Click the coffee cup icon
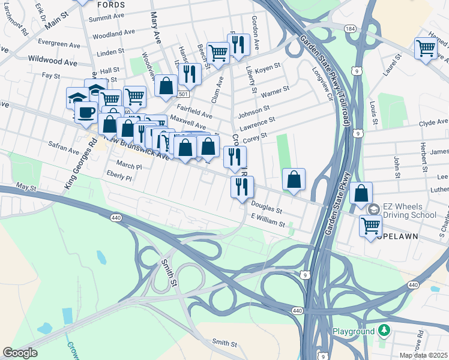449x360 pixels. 86,112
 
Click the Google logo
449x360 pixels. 20,353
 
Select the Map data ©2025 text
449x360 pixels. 423,355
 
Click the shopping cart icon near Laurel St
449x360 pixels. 426,48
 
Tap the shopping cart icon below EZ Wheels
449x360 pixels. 370,226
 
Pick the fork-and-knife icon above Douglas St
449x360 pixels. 242,186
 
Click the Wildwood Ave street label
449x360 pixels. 52,61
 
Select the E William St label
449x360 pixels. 268,223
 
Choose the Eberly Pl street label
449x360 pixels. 119,178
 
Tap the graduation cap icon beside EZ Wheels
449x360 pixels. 373,209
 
